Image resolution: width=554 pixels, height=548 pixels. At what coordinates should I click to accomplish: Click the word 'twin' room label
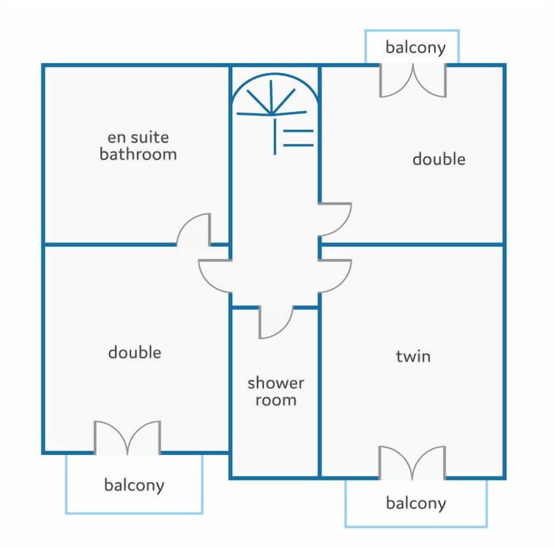coord(413,356)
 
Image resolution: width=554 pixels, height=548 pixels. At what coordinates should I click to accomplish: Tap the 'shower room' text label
coord(276,392)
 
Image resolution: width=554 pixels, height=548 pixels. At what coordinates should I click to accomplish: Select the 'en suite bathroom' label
coord(138,146)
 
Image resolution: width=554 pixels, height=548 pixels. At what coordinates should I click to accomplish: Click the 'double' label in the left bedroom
coord(134,352)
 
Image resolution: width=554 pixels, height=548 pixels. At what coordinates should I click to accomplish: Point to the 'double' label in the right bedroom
coord(439,159)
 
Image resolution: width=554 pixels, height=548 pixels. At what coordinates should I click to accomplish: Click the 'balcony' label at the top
coord(415,48)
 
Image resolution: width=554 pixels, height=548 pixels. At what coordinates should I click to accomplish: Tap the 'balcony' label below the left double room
coord(134,485)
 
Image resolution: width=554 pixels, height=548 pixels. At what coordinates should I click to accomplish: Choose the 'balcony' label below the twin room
coord(416,503)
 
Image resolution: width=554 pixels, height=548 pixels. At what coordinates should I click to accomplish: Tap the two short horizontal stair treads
coord(298,138)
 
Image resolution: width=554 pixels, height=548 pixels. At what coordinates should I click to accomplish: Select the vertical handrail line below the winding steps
coord(275,137)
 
